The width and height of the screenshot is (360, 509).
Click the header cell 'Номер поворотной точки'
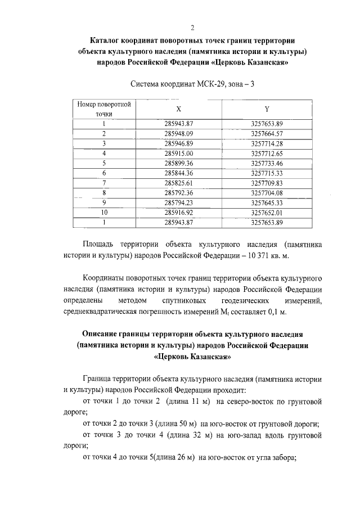pyautogui.click(x=104, y=109)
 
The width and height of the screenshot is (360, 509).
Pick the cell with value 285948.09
pyautogui.click(x=179, y=133)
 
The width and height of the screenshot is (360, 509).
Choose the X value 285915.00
pyautogui.click(x=179, y=153)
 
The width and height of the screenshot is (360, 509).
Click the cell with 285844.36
pyautogui.click(x=179, y=173)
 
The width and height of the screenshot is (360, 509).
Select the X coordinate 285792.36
pyautogui.click(x=179, y=193)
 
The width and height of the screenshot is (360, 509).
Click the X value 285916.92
pyautogui.click(x=179, y=213)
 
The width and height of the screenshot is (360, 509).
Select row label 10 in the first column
pyautogui.click(x=104, y=213)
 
